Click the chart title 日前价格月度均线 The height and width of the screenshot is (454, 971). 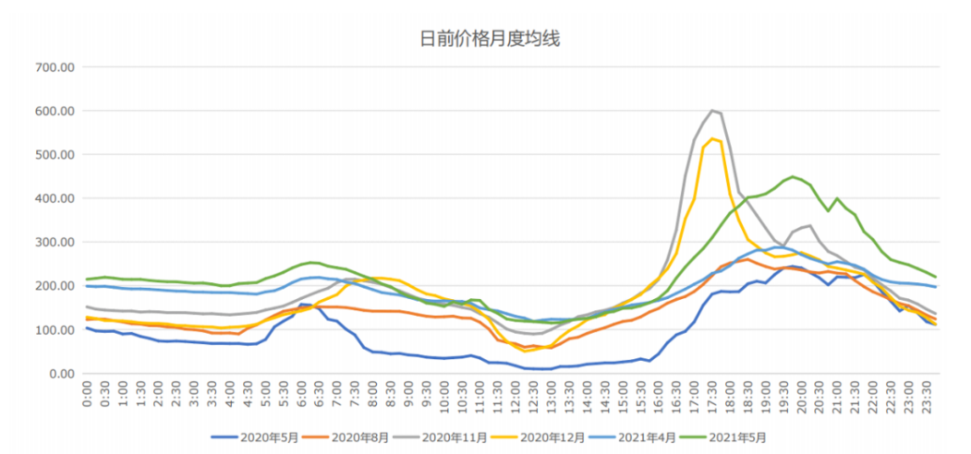(490, 39)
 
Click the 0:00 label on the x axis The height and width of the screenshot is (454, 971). (87, 394)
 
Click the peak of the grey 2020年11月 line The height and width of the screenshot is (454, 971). (712, 110)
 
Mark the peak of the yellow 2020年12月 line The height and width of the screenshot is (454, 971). (712, 138)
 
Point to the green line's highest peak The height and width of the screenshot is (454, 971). (793, 176)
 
